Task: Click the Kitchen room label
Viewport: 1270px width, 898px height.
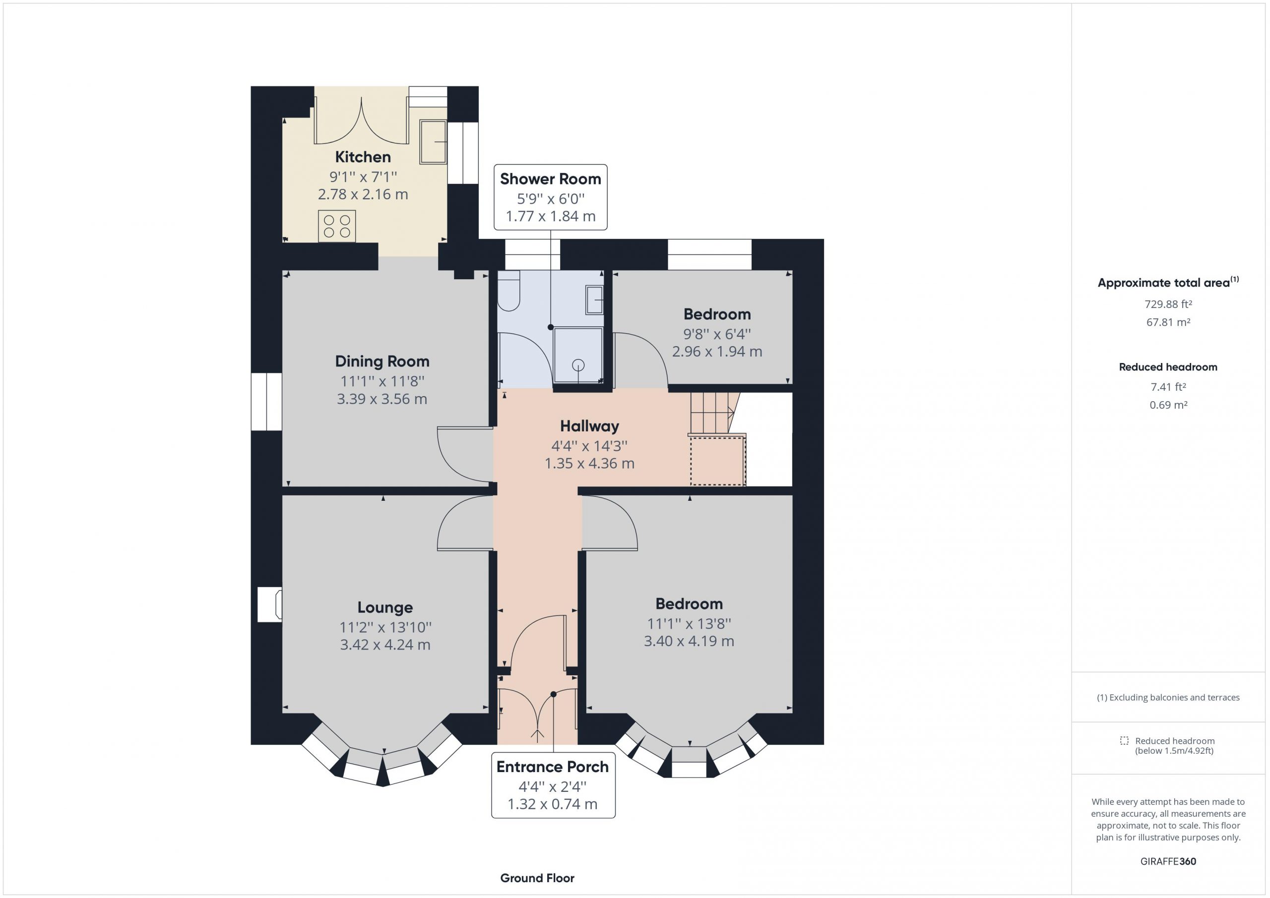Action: point(363,157)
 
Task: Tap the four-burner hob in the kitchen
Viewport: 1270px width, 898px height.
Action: point(337,226)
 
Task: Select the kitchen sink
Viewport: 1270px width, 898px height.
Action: point(433,142)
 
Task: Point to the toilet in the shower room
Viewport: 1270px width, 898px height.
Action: point(508,290)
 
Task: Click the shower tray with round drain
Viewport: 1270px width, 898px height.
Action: point(578,355)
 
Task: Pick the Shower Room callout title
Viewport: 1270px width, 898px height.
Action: point(550,179)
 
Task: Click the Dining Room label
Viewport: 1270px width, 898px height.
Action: point(382,361)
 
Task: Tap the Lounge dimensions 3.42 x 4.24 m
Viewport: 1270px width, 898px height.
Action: point(385,645)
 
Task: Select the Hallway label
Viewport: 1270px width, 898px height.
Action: point(590,426)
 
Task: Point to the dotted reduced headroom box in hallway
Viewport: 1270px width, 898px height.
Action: point(717,461)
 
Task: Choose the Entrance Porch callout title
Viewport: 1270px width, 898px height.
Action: point(553,767)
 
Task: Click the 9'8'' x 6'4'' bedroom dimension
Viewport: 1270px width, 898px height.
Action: point(717,334)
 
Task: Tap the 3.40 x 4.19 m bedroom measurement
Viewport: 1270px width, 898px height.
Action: point(689,642)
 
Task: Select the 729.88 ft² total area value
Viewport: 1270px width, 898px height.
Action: point(1168,304)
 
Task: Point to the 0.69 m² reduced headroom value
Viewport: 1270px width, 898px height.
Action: point(1168,405)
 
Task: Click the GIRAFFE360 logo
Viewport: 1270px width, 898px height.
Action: point(1168,861)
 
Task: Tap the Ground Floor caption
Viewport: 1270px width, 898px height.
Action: point(537,878)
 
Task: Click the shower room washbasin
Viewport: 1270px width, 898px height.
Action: point(595,300)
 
